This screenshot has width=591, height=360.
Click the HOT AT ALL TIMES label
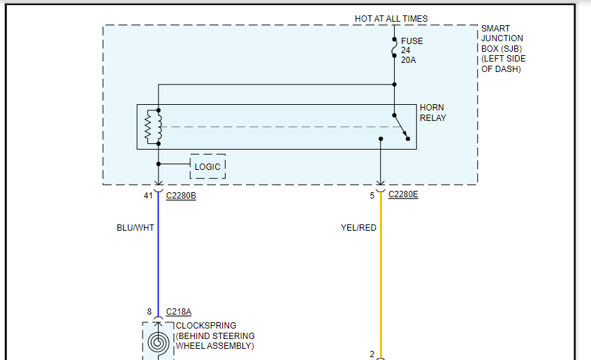click(391, 19)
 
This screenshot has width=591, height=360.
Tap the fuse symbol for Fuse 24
click(395, 47)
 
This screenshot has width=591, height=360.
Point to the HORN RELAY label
click(433, 113)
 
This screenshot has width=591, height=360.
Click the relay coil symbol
click(152, 127)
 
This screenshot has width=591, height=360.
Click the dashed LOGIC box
click(207, 166)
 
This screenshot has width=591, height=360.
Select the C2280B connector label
click(181, 196)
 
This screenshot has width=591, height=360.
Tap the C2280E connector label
click(403, 195)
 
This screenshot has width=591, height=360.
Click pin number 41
click(148, 196)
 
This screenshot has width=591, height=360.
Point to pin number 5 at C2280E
click(372, 196)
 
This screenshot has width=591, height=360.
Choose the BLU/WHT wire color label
click(135, 228)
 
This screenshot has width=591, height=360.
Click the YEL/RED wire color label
click(358, 228)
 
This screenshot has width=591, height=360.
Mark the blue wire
click(159, 266)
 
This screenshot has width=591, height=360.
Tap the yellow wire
click(381, 280)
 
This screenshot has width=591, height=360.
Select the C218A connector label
click(178, 312)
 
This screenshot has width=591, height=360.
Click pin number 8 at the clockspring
click(149, 312)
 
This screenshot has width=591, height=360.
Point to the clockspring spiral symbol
click(157, 343)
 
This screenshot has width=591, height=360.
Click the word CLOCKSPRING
click(206, 326)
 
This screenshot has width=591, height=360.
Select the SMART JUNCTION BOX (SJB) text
click(502, 48)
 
